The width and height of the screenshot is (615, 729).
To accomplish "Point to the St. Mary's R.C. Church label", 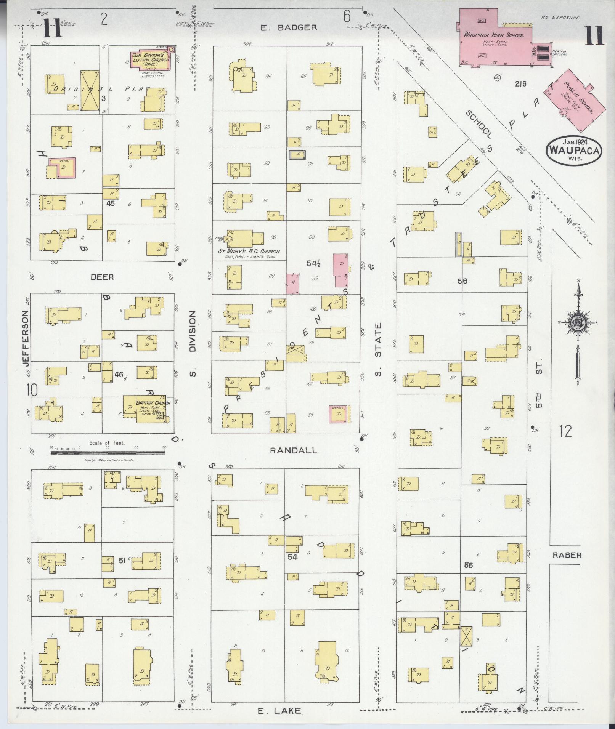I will [x=249, y=252].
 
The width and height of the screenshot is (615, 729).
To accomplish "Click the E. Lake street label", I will [x=279, y=711].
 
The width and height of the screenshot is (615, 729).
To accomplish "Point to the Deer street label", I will [x=102, y=277].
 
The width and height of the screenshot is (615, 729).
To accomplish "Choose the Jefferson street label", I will [x=26, y=338].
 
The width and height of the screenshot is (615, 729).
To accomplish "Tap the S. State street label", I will [x=378, y=349].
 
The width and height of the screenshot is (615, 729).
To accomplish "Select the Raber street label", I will [x=567, y=555].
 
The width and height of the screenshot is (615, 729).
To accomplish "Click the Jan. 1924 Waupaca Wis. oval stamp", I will [x=574, y=150].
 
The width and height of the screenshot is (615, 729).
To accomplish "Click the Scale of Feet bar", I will [x=108, y=453].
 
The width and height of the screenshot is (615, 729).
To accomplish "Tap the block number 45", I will [x=111, y=203].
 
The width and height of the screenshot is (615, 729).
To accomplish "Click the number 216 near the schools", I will [x=520, y=83].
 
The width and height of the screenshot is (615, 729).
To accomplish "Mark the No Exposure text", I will [x=560, y=18].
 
